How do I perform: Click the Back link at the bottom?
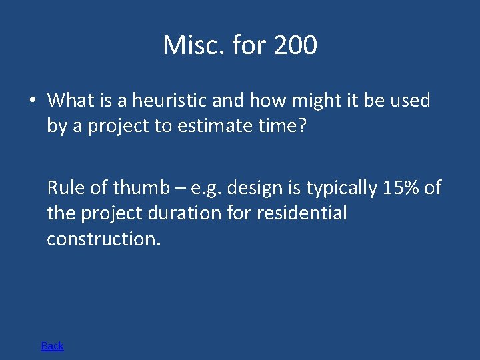52,345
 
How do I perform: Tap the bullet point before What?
32,101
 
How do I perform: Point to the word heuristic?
169,101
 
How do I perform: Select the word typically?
341,189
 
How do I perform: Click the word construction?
103,239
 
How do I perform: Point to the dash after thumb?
180,189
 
